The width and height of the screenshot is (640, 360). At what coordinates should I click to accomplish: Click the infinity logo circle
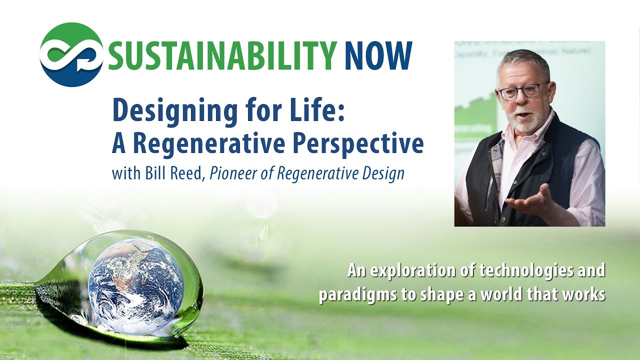coord(71,55)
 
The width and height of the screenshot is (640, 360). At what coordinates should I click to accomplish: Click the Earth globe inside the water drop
coord(136,285)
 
